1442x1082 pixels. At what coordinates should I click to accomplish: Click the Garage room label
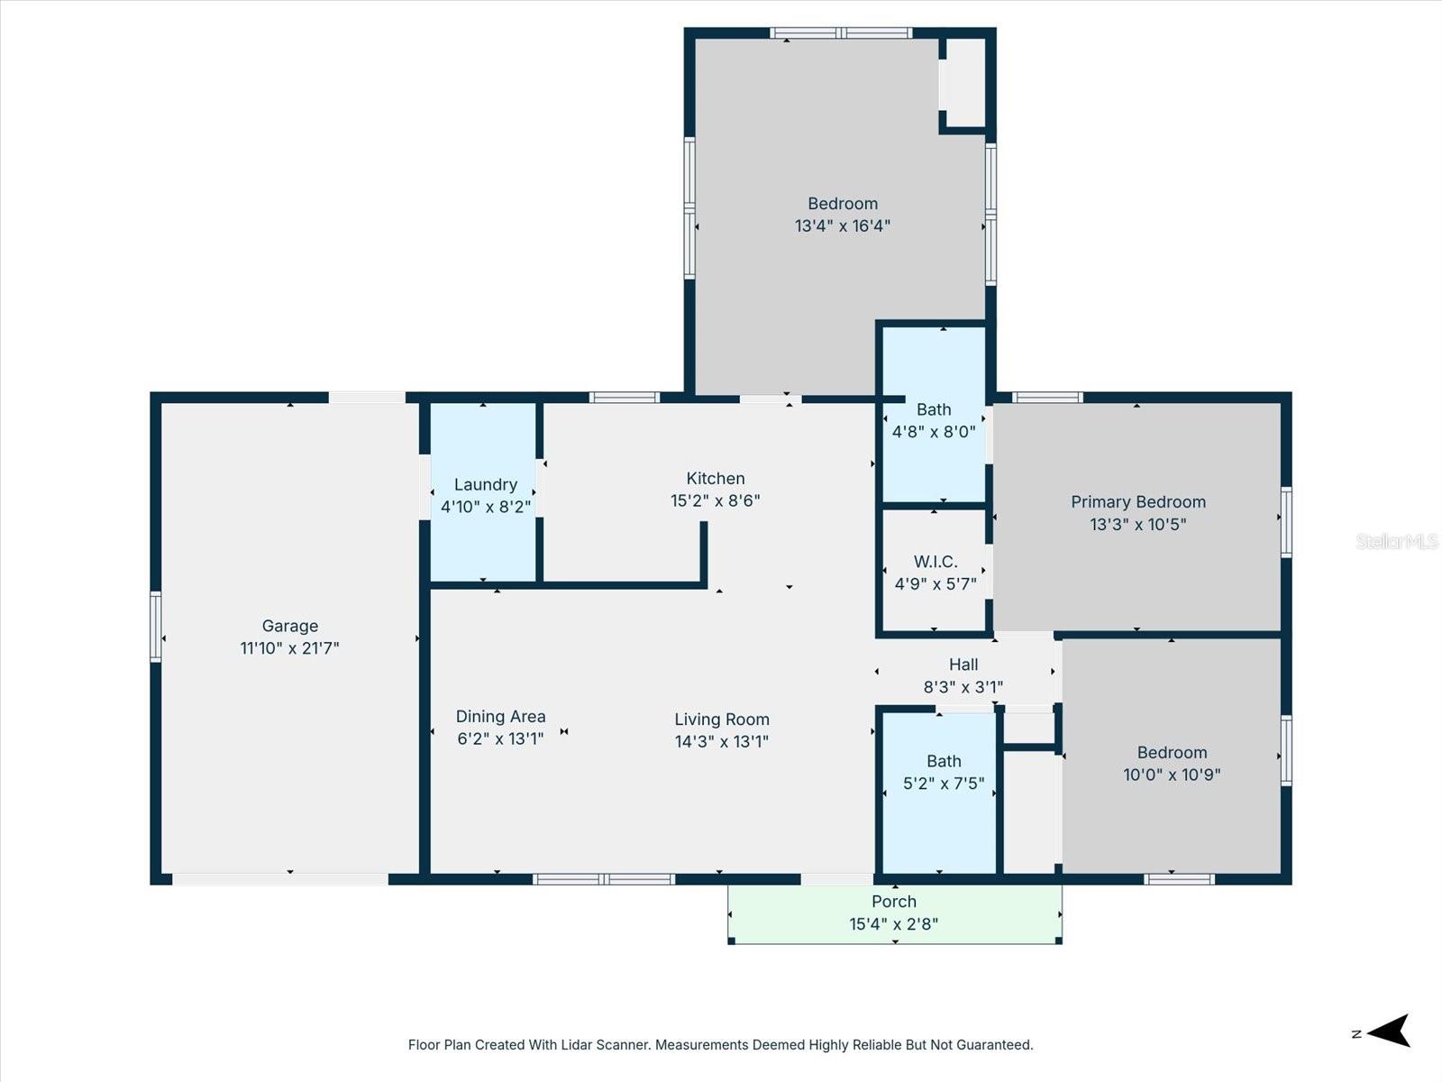pos(289,626)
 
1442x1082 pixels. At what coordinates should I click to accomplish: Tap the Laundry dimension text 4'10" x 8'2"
pos(485,508)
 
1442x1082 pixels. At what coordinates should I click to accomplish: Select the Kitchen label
pos(716,479)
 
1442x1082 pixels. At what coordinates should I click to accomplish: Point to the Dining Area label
pos(500,717)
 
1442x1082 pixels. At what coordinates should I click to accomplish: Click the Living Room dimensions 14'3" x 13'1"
pos(721,742)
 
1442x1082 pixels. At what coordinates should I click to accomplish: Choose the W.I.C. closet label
pos(935,562)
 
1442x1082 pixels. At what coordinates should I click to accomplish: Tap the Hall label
pos(963,665)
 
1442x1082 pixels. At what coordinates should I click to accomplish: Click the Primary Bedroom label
pos(1137,502)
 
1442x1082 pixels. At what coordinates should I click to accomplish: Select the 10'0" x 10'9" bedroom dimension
pos(1172,775)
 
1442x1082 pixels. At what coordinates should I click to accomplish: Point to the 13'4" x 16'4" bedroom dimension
pos(842,226)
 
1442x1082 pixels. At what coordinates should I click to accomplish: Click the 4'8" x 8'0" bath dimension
pos(934,432)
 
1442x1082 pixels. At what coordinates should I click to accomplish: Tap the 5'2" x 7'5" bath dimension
pos(944,784)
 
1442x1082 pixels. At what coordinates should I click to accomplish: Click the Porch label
pos(893,902)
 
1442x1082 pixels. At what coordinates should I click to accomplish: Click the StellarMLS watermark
pos(1396,542)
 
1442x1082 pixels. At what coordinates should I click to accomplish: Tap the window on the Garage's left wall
pos(156,627)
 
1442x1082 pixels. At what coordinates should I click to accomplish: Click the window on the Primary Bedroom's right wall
pos(1286,521)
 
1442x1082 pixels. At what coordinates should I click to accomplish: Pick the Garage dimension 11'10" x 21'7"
pos(289,648)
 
